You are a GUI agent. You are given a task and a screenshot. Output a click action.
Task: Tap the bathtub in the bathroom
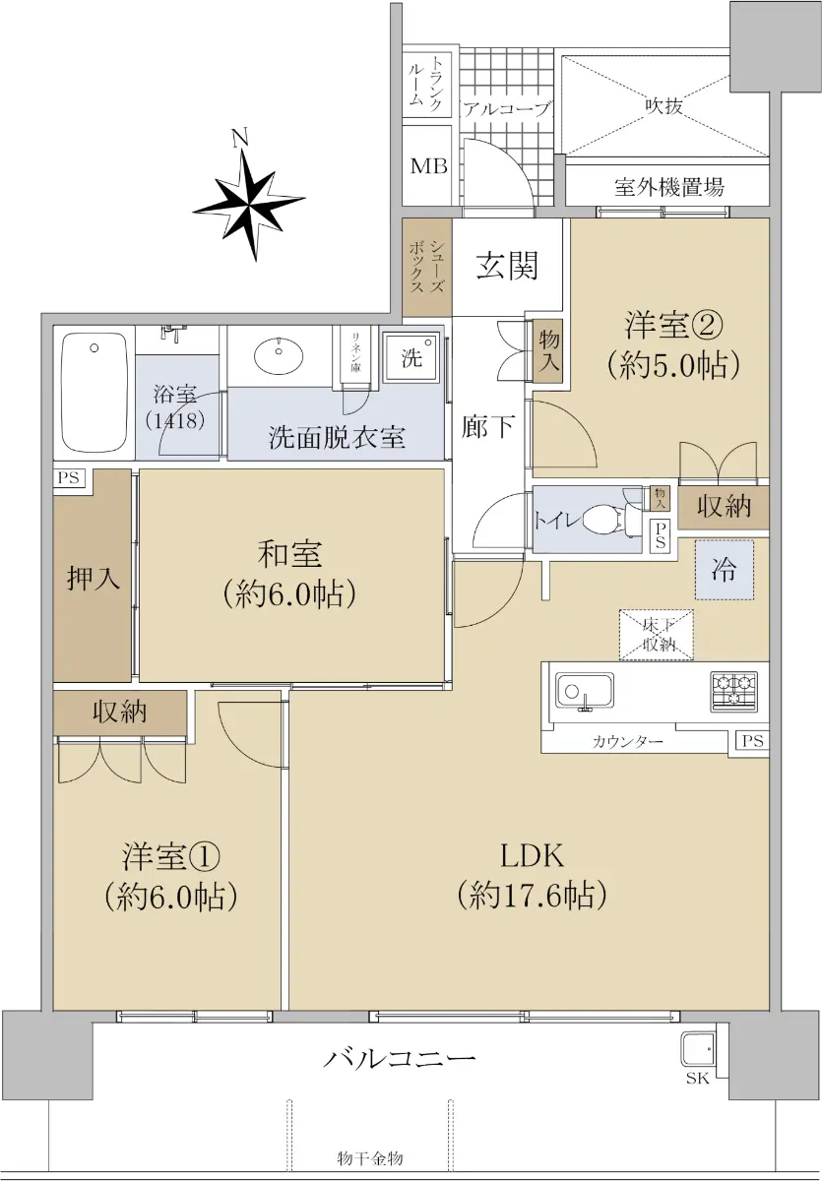[x=95, y=393]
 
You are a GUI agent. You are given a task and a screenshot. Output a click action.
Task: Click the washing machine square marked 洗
[x=411, y=358]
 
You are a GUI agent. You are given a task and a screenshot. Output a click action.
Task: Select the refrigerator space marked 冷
[x=725, y=570]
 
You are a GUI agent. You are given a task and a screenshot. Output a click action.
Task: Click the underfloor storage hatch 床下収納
[x=656, y=635]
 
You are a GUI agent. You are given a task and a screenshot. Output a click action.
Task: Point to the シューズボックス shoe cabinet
[x=427, y=268]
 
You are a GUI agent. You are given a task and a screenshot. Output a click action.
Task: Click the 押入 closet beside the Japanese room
[x=93, y=579]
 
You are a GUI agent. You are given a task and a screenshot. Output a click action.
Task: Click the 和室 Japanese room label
[x=289, y=555]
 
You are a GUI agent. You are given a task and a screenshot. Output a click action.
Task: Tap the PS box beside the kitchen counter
[x=752, y=741]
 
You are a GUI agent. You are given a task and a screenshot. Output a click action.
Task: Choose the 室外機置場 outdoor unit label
[x=669, y=187]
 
